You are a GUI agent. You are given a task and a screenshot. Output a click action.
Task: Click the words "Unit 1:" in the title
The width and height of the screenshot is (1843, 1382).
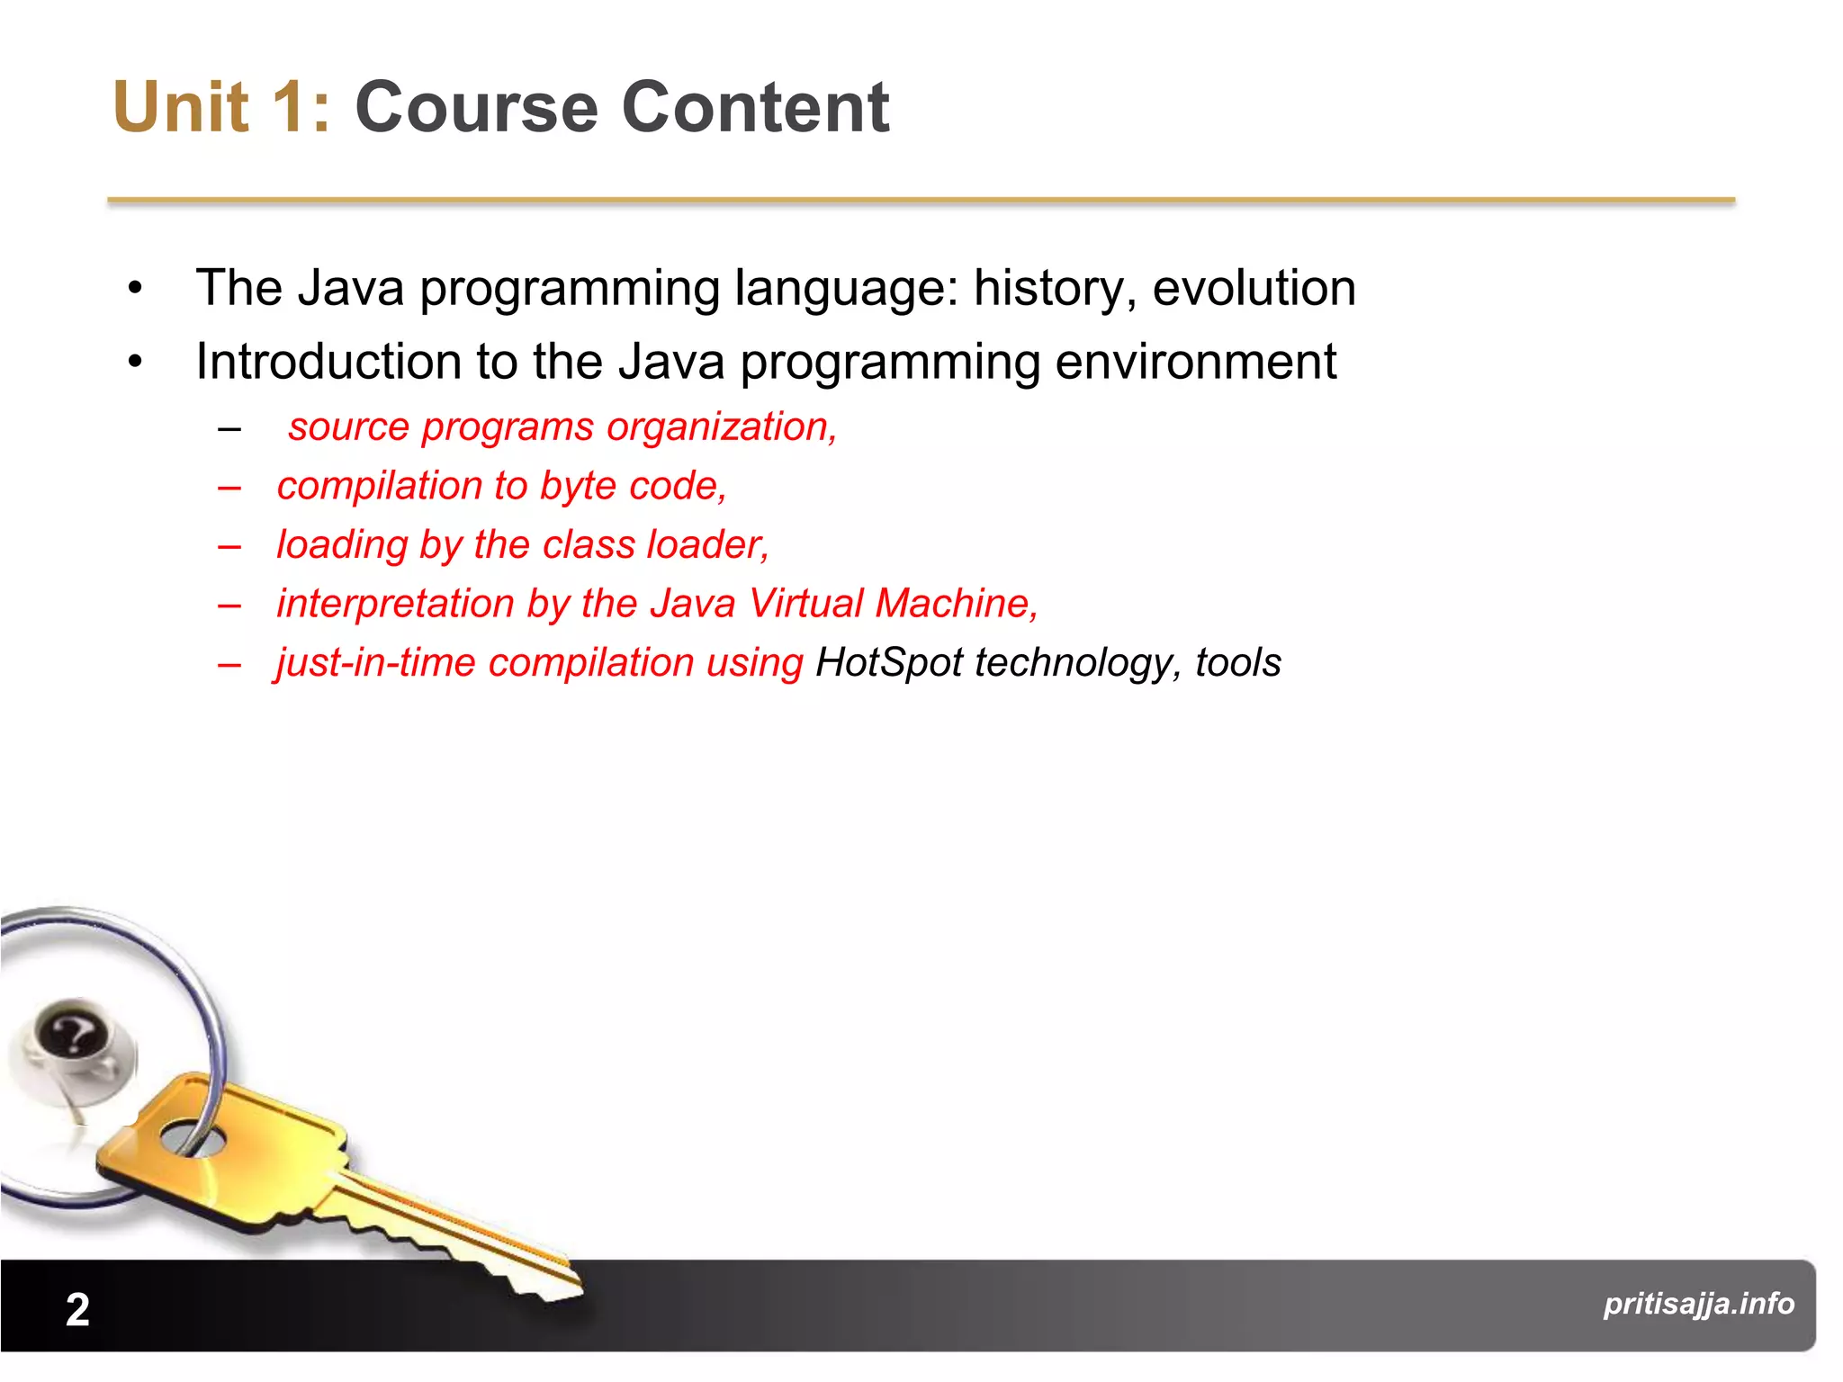[x=221, y=108]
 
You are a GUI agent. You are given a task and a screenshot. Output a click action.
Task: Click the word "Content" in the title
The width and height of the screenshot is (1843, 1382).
[x=755, y=108]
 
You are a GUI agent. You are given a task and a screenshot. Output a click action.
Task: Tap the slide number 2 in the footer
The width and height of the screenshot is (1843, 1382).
[x=77, y=1309]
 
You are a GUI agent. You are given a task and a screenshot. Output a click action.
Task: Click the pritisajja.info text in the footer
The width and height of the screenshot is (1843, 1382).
[x=1698, y=1303]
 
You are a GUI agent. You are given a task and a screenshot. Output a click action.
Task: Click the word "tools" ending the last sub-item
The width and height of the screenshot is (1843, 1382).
[x=1237, y=663]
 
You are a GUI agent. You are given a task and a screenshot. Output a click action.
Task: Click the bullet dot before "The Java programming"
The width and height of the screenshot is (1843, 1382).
[x=135, y=289]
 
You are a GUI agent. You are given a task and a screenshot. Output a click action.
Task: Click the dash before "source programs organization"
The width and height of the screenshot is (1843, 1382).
[x=229, y=429]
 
